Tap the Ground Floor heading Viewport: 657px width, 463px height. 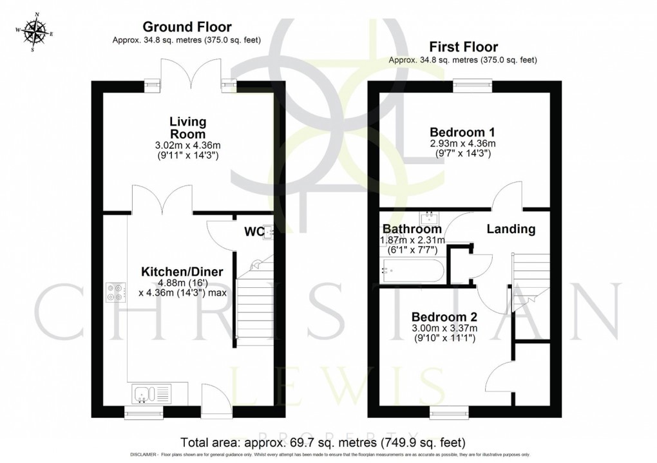187,26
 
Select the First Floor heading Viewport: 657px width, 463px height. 462,47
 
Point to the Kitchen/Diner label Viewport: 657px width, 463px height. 182,272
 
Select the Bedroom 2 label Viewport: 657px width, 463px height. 444,317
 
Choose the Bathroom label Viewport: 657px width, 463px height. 413,229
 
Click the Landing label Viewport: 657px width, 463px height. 511,229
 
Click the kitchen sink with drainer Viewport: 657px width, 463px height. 152,393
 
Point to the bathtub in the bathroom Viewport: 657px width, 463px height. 413,270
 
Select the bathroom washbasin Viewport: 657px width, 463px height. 429,216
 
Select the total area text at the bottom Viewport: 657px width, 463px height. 323,443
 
